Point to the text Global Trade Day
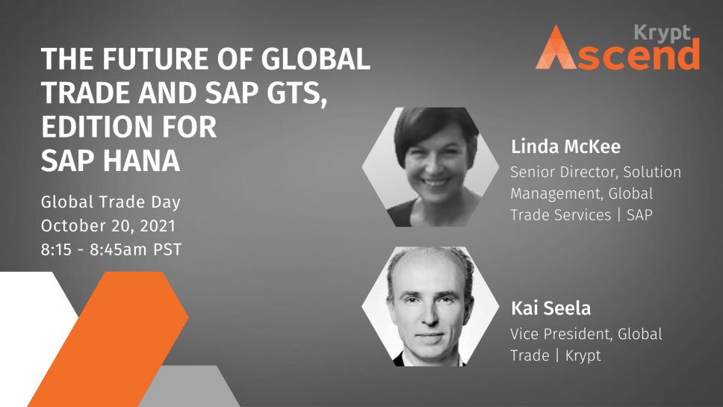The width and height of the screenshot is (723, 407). (x=111, y=202)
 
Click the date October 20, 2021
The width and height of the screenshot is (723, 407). (x=108, y=226)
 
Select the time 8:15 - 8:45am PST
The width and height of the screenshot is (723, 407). (x=111, y=249)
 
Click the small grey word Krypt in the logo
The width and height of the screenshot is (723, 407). (x=663, y=33)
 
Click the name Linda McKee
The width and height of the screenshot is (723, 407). (x=565, y=146)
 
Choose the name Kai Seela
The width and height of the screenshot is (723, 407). (x=550, y=308)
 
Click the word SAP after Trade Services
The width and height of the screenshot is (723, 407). (x=639, y=215)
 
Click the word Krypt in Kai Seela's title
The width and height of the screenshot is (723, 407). (x=583, y=355)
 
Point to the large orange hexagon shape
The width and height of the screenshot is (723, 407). (x=108, y=339)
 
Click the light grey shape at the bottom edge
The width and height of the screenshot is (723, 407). (x=189, y=386)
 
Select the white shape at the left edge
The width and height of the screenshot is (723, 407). (x=32, y=332)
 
